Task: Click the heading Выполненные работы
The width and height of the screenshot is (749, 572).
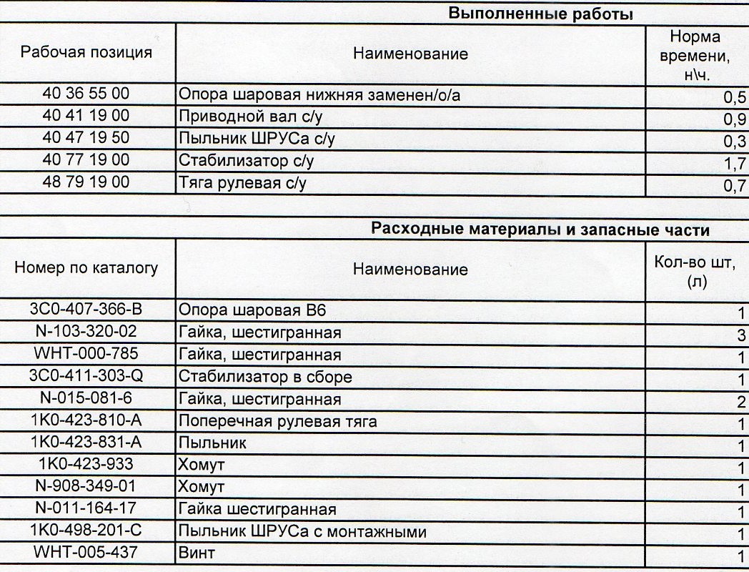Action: (x=541, y=14)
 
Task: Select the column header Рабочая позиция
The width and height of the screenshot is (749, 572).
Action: (x=86, y=52)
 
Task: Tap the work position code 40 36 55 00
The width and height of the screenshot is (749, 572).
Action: (x=86, y=94)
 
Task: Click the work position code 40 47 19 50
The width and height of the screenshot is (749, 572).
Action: (x=86, y=138)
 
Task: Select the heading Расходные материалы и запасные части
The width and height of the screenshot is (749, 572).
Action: (x=540, y=230)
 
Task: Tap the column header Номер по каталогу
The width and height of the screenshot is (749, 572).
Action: (x=86, y=268)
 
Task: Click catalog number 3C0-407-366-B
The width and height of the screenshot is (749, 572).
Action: (x=86, y=310)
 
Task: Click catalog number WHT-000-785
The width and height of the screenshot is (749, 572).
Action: (x=86, y=354)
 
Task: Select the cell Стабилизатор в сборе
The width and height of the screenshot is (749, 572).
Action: (x=265, y=377)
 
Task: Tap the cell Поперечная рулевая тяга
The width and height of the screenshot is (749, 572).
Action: (x=277, y=422)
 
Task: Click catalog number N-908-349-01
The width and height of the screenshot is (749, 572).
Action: (x=86, y=487)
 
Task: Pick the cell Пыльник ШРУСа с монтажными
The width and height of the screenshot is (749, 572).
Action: (x=302, y=532)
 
